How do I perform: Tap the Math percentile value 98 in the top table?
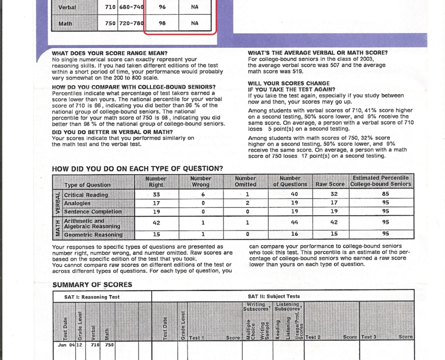162,23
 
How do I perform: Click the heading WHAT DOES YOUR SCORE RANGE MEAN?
110,53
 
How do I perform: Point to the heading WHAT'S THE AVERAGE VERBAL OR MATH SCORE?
318,53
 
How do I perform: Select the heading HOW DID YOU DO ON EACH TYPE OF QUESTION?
137,168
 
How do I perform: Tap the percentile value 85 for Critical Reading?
385,195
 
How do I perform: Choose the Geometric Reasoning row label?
93,235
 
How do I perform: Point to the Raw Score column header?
329,185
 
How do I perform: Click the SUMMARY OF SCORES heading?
92,285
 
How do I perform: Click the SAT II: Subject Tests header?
273,296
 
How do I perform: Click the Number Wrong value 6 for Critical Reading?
203,195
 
